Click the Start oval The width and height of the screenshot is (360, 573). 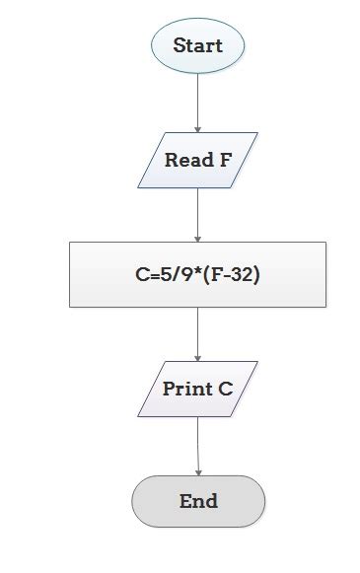[x=197, y=45]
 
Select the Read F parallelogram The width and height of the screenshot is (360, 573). [x=197, y=160]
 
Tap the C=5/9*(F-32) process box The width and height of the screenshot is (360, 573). [x=197, y=275]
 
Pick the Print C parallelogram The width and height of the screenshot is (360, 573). [x=197, y=389]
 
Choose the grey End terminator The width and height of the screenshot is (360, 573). [x=198, y=501]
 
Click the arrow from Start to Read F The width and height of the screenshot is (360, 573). [x=197, y=102]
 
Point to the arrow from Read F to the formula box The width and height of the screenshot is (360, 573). [x=197, y=214]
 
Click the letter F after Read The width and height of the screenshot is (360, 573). [x=225, y=160]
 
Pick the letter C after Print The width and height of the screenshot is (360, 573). [x=226, y=389]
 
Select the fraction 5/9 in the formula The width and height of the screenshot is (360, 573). [x=177, y=275]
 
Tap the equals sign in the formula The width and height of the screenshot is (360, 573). [x=153, y=276]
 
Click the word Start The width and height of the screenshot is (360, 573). [x=197, y=45]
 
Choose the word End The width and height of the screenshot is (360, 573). [x=198, y=501]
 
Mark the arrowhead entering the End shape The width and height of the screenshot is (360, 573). [x=197, y=471]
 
